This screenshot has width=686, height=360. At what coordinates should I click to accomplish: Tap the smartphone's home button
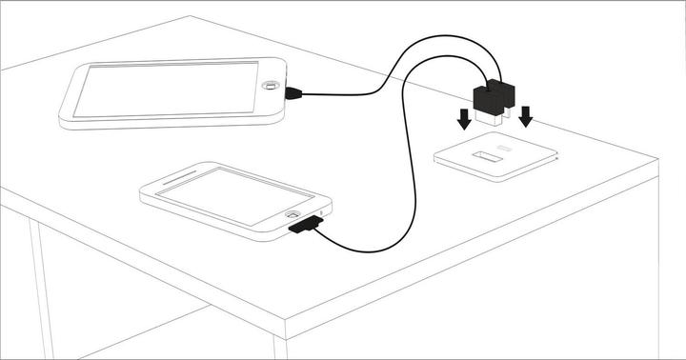click(x=295, y=214)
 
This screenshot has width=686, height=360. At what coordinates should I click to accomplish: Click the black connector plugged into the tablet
click(x=293, y=92)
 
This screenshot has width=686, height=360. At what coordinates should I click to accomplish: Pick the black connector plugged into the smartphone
click(x=305, y=226)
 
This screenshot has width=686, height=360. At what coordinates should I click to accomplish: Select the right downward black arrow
click(x=525, y=117)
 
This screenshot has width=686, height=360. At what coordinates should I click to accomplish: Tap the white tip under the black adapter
click(x=490, y=120)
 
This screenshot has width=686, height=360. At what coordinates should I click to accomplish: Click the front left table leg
click(x=41, y=286)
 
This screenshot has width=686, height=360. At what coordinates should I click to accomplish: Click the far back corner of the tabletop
click(x=191, y=16)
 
